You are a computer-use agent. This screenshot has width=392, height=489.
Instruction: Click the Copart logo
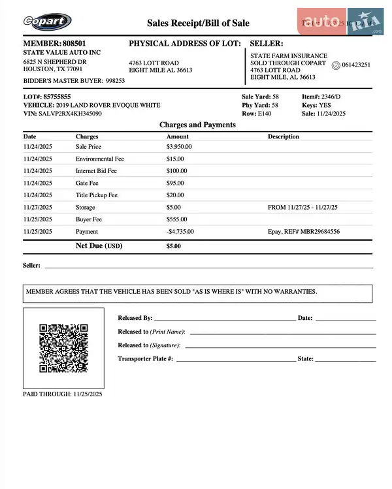click(47, 22)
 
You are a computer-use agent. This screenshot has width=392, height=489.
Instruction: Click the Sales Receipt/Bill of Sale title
click(198, 23)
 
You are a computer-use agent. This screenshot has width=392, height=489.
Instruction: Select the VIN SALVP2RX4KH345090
click(72, 114)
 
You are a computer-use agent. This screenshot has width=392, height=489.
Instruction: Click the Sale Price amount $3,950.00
click(180, 147)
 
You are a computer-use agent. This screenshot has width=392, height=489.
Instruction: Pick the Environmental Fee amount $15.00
click(175, 159)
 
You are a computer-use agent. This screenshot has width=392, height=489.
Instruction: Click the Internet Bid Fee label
click(96, 171)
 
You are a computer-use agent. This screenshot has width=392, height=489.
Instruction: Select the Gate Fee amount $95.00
click(175, 183)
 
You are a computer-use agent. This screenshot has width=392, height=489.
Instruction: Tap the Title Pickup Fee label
click(97, 195)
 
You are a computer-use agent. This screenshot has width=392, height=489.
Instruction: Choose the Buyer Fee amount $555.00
click(176, 219)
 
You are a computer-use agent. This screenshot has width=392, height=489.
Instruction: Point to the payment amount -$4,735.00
click(180, 232)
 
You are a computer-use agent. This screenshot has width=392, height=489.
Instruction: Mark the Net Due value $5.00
click(174, 247)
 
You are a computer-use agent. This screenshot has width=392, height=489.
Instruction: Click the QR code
click(63, 348)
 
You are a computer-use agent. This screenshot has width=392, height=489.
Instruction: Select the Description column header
click(284, 137)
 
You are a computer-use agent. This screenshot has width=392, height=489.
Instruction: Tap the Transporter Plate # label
click(145, 359)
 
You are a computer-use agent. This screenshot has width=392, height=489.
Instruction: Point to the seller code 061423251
click(356, 65)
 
